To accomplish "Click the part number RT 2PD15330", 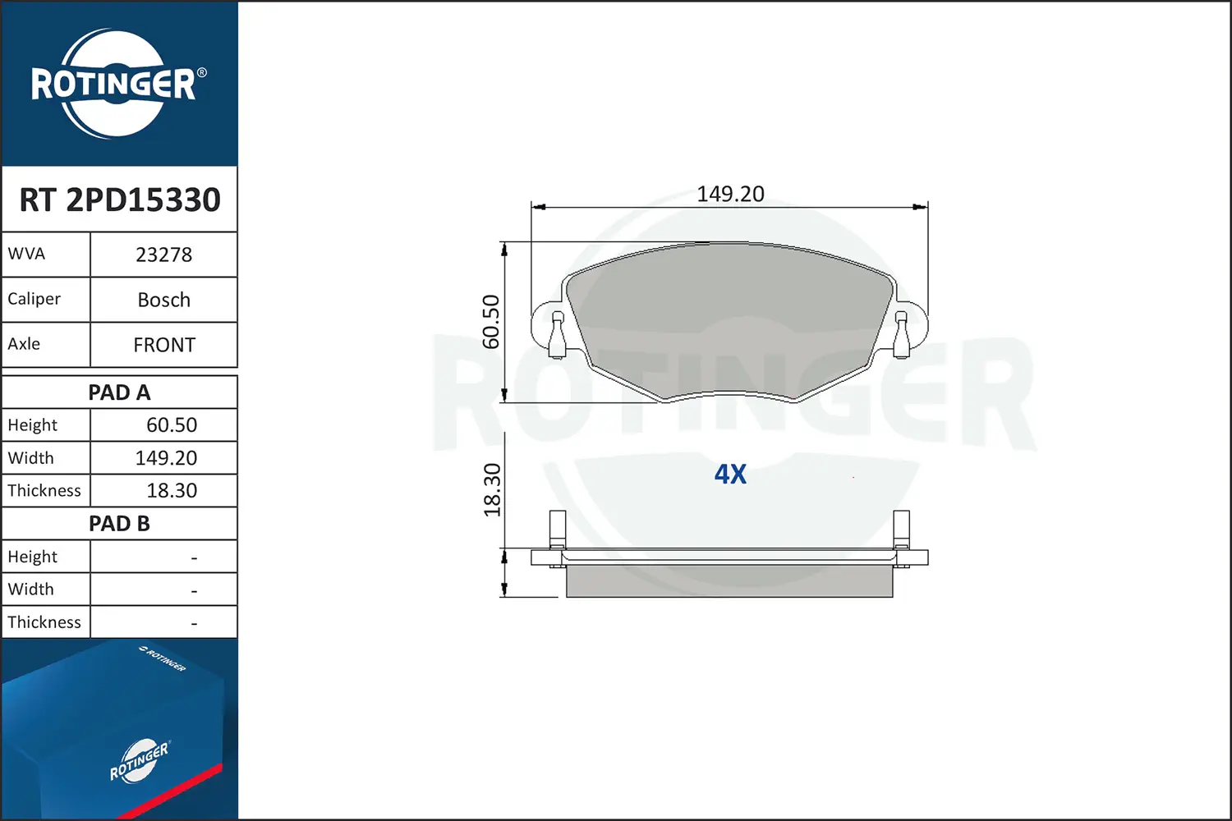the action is pos(120,200).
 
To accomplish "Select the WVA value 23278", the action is pos(164,255).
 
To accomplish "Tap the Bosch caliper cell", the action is pos(164,300).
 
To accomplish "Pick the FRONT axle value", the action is pos(164,345).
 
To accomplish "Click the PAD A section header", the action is pos(119,392).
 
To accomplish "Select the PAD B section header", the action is pos(119,524).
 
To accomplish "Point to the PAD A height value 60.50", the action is pos(172,425).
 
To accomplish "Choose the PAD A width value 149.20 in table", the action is pos(166,458).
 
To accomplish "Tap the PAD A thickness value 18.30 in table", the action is pos(172,490).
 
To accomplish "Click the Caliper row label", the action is pos(34,299).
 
